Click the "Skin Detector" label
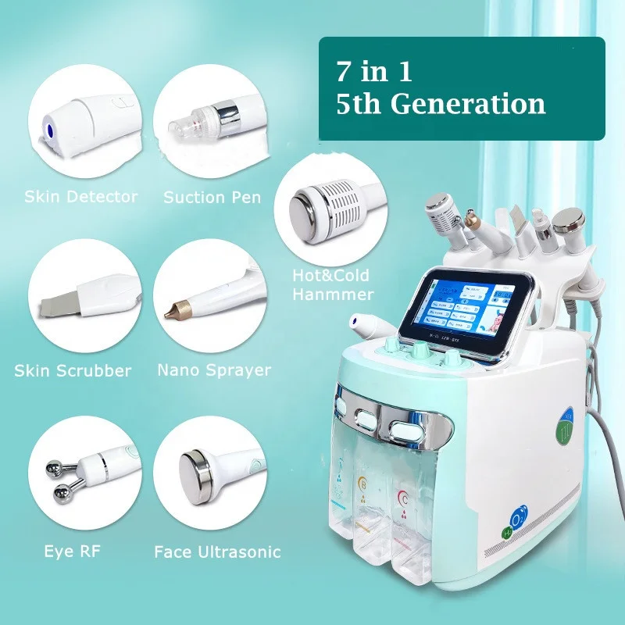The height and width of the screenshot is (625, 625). (x=80, y=197)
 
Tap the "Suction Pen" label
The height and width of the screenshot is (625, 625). (x=212, y=197)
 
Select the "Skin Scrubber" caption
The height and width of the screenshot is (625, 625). (x=73, y=370)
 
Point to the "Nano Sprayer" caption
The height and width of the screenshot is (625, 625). (x=214, y=370)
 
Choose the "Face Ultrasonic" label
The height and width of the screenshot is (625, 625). (x=217, y=552)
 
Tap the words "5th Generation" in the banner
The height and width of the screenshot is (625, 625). (x=441, y=105)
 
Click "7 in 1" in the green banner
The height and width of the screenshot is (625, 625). (x=373, y=72)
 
